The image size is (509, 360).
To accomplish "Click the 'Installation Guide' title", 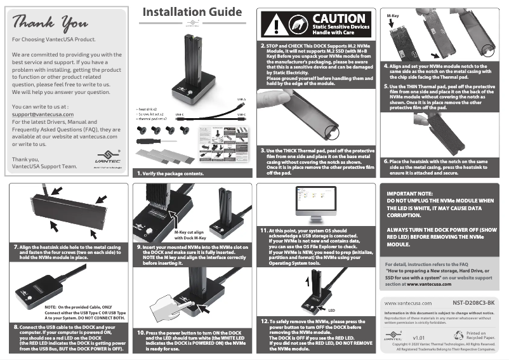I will (192, 12).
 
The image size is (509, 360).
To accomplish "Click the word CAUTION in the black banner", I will (339, 19).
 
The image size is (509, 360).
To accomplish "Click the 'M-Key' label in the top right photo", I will (393, 13).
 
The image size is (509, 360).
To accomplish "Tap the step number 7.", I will (15, 245).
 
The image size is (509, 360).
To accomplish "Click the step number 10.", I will (141, 333).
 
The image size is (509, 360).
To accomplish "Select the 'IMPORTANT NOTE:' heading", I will (409, 192).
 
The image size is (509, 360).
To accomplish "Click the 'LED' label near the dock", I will (331, 310).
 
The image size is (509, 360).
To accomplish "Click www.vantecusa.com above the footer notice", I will (409, 303).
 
